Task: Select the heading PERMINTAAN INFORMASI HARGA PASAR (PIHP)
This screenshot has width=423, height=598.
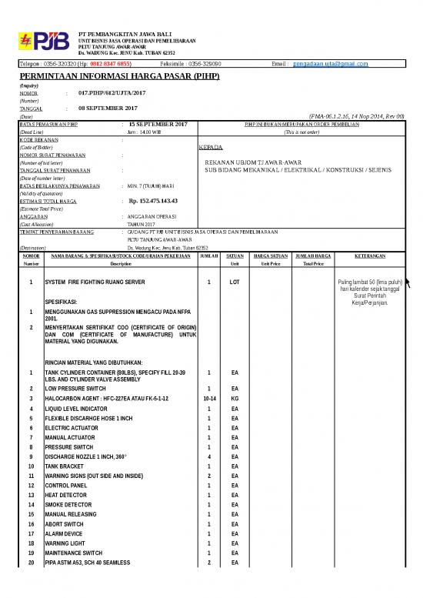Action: click(x=119, y=77)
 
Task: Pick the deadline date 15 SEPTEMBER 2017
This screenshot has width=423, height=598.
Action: click(x=158, y=124)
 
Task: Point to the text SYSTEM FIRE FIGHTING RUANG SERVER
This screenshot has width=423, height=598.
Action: click(x=95, y=282)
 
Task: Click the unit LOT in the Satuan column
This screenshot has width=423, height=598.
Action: click(x=235, y=282)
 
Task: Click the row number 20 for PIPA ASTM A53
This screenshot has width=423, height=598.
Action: click(x=31, y=563)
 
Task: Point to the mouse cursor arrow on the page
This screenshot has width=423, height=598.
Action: click(x=409, y=285)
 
